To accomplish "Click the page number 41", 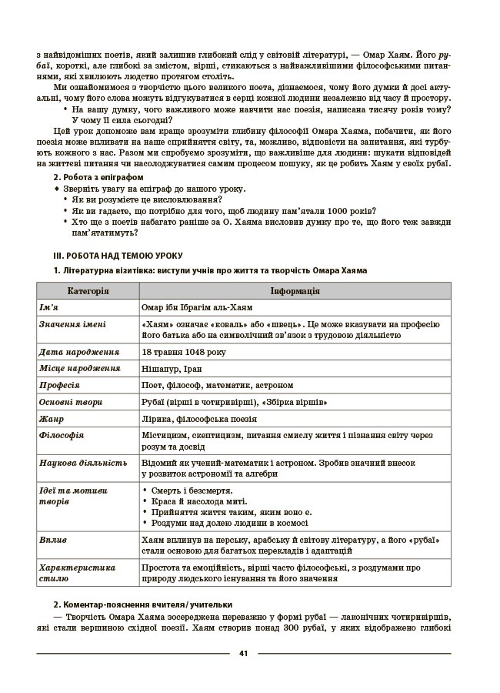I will [243, 654].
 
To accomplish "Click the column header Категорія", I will [88, 291].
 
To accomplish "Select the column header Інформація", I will [295, 291].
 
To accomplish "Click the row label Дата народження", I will [79, 352].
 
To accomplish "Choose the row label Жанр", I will [52, 419].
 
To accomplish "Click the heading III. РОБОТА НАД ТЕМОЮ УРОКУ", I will [118, 255].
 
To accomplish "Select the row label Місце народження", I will [80, 368].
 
